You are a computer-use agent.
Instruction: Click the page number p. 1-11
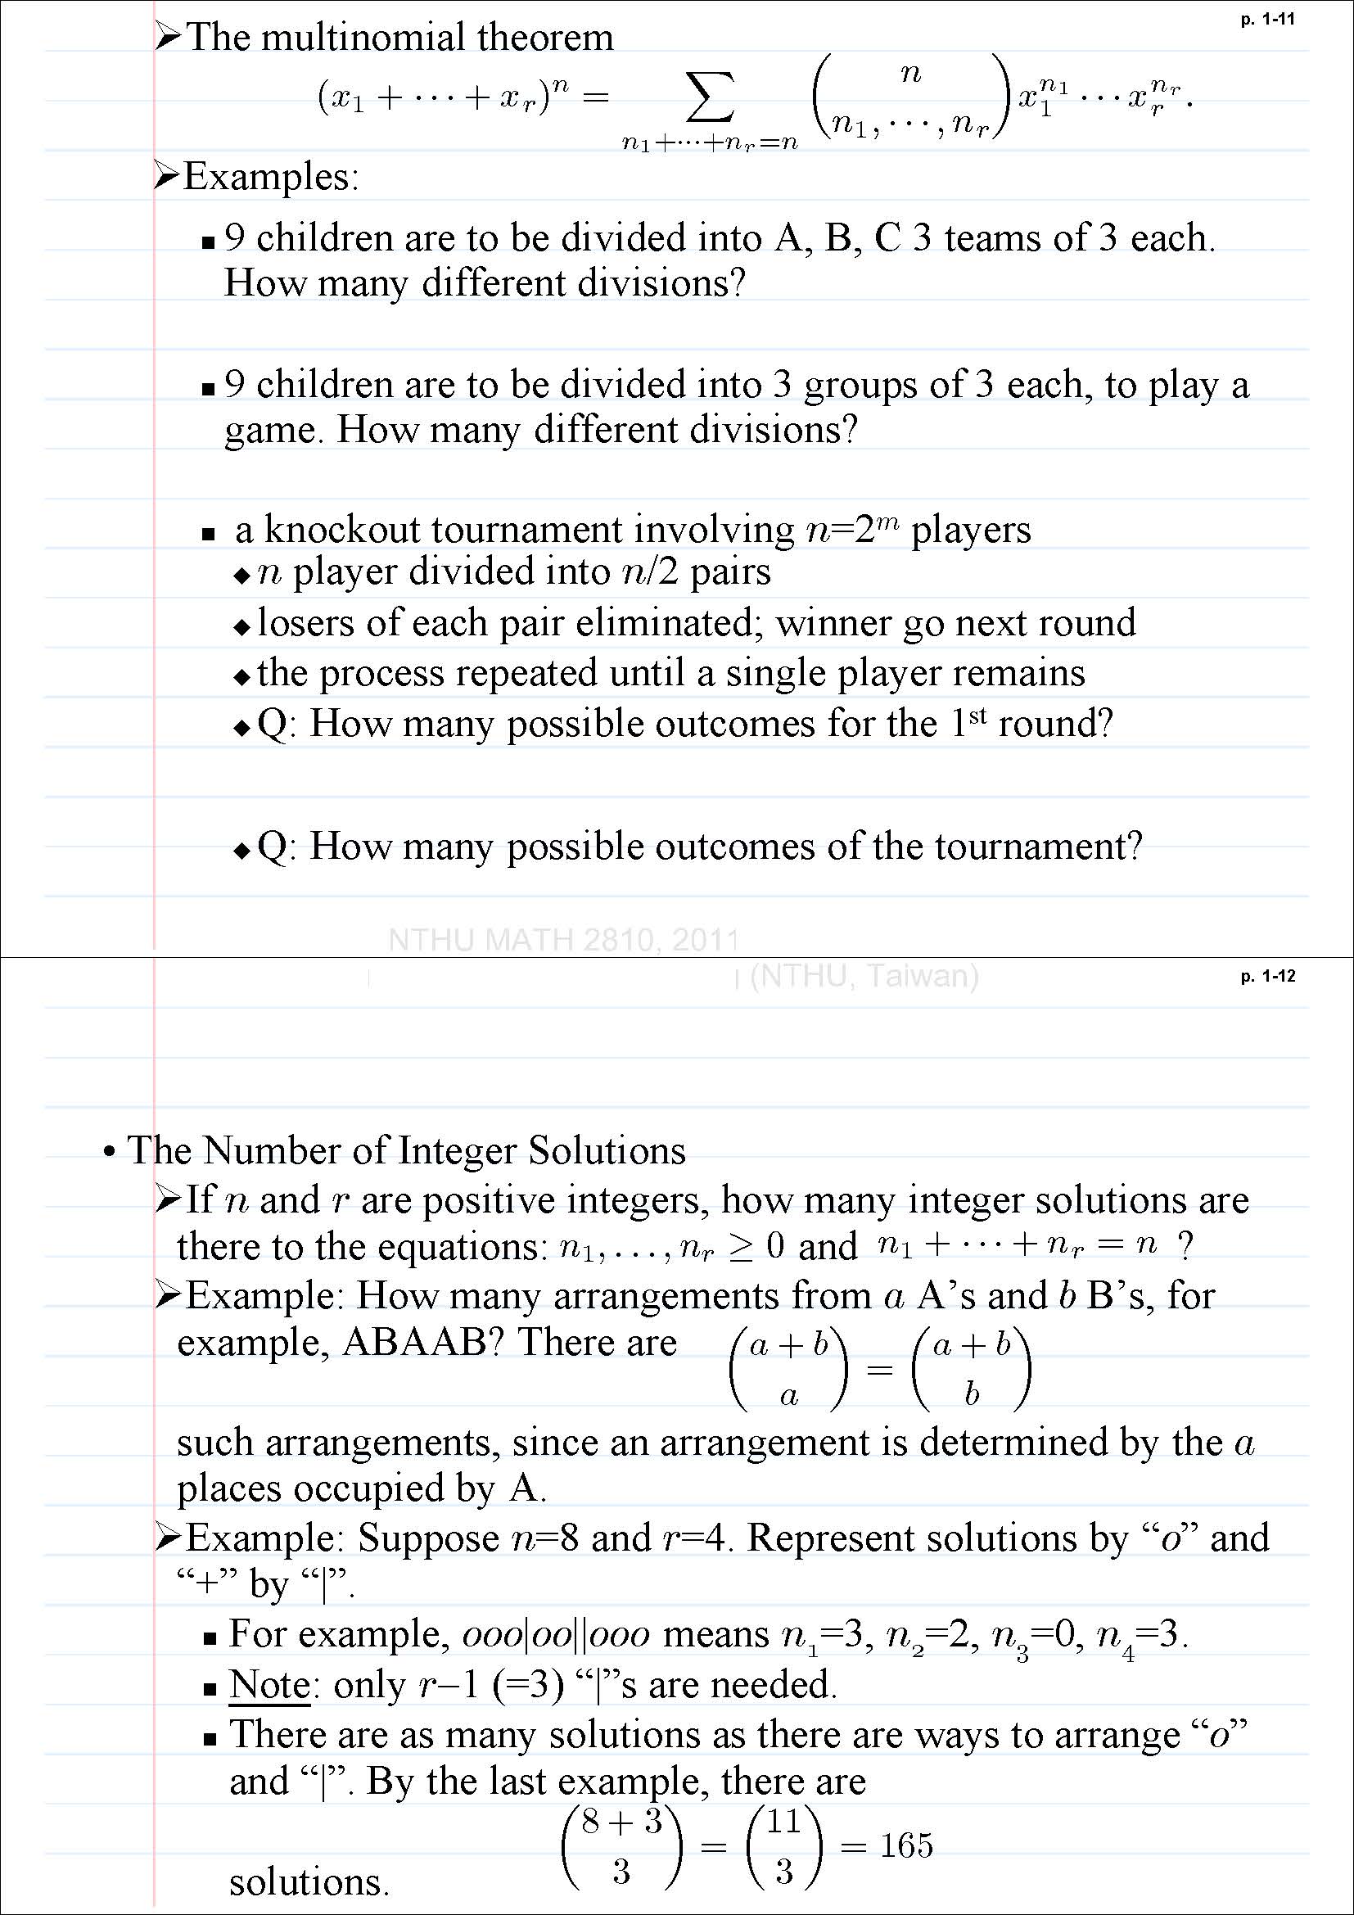[x=1267, y=20]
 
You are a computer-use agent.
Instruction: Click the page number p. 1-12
[x=1267, y=976]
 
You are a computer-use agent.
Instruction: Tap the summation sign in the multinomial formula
[x=710, y=99]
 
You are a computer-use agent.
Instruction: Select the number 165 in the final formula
[x=906, y=1845]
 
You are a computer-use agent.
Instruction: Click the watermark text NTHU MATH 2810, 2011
[x=563, y=940]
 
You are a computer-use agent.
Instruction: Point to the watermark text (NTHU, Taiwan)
[x=864, y=975]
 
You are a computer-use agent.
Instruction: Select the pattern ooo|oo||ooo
[x=555, y=1634]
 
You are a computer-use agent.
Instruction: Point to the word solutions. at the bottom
[x=309, y=1882]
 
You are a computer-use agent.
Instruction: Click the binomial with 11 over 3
[x=784, y=1846]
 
